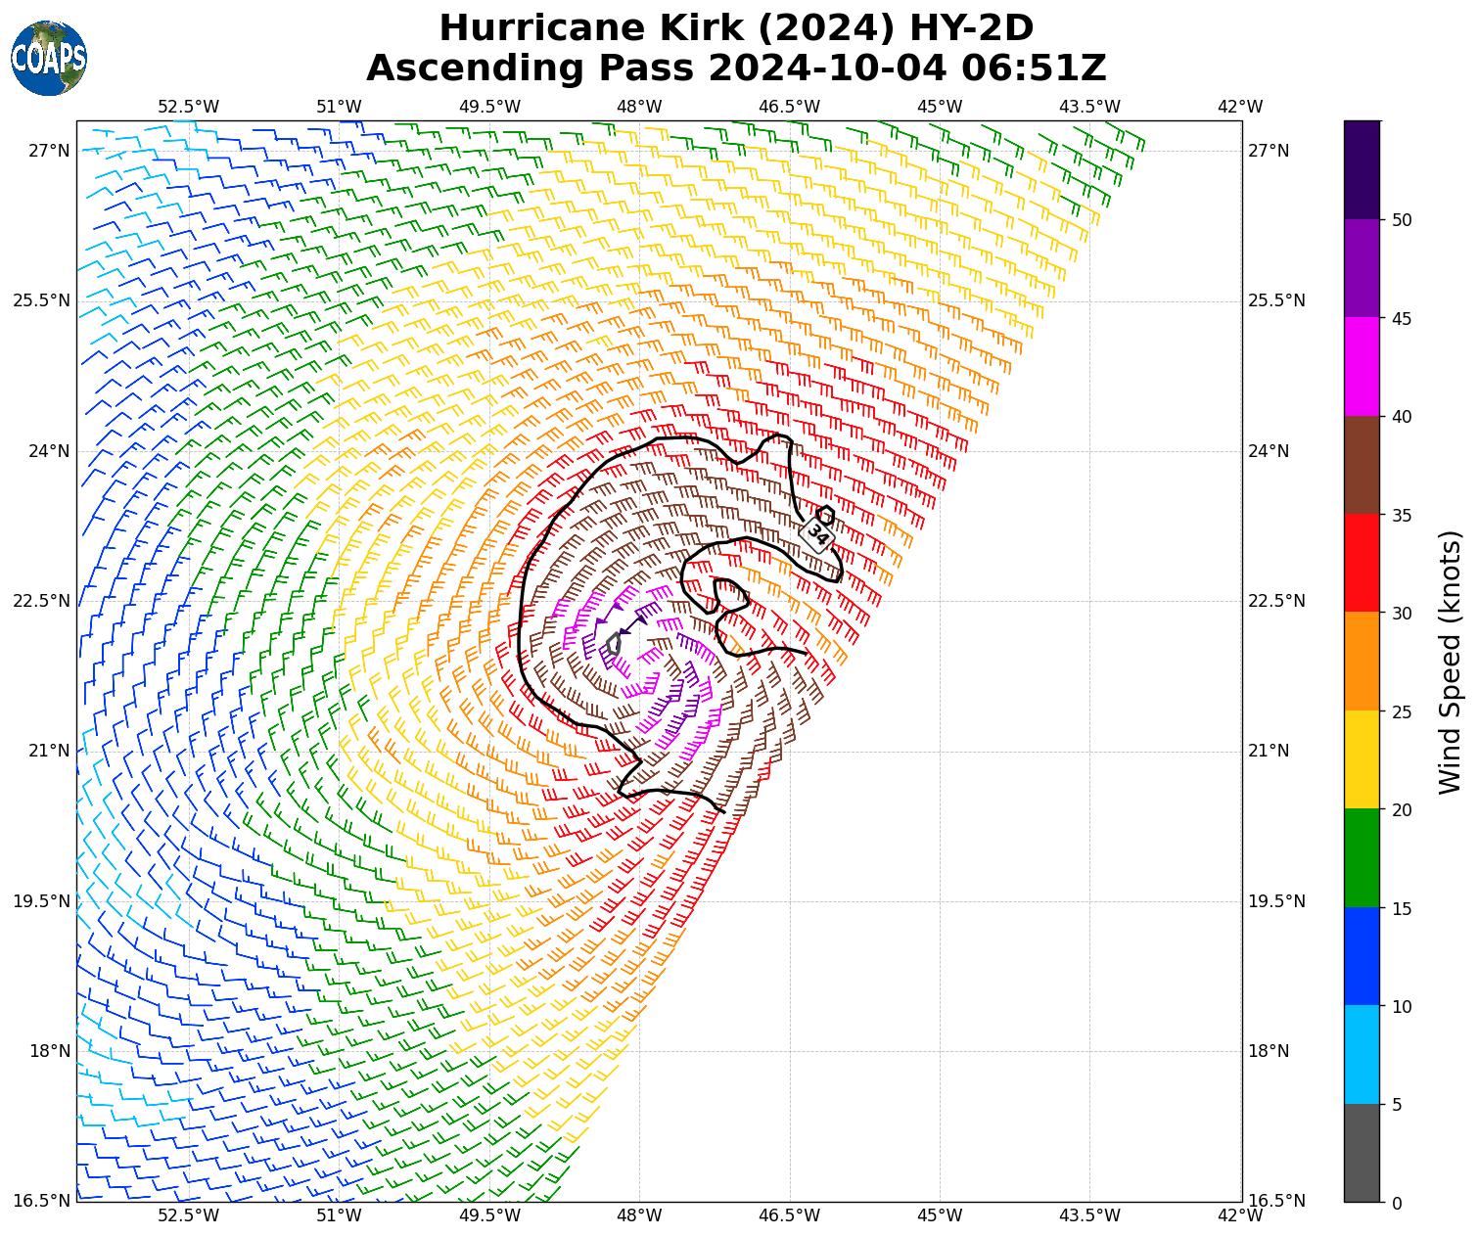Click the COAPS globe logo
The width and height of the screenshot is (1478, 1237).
(x=49, y=59)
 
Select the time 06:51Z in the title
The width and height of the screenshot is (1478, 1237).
(x=1034, y=69)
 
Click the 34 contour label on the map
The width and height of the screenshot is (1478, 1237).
(x=816, y=534)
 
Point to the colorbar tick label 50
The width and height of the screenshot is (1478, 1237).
(x=1402, y=220)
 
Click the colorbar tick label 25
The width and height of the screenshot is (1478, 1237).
(x=1402, y=711)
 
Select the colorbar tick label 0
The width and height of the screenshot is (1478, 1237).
(x=1397, y=1203)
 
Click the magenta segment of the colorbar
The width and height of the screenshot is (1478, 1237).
(x=1362, y=367)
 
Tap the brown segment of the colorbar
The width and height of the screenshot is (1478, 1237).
(x=1362, y=465)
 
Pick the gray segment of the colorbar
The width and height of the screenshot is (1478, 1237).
(x=1362, y=1153)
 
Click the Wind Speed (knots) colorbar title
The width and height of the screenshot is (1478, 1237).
(x=1451, y=662)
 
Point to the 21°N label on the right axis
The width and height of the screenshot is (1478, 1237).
(x=1270, y=752)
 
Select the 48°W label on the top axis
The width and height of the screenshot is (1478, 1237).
(x=639, y=107)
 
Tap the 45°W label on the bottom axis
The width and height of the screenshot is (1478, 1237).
(x=940, y=1216)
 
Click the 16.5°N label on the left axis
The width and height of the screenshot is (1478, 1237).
(x=41, y=1202)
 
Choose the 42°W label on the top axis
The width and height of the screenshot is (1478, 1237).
(x=1240, y=107)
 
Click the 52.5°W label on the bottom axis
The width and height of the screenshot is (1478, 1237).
(x=189, y=1216)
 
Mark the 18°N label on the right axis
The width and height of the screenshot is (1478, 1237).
(x=1270, y=1051)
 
